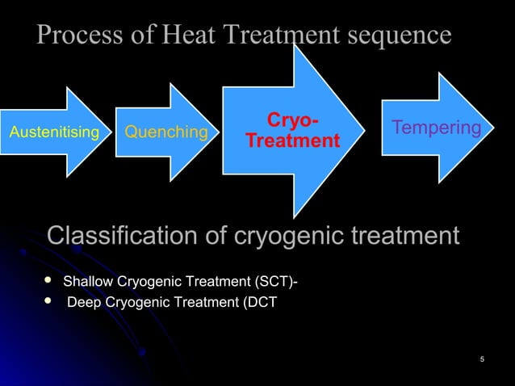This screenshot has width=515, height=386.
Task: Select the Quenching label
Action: [x=165, y=132]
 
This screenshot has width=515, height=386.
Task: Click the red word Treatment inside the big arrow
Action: [x=292, y=141]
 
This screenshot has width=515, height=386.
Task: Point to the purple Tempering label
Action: [x=436, y=128]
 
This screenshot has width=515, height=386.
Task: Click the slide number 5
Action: [x=481, y=359]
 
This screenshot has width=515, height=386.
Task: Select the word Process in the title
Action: [x=78, y=36]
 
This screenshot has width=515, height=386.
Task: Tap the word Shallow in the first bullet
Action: [x=89, y=282]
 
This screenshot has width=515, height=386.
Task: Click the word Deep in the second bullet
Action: [x=82, y=303]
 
